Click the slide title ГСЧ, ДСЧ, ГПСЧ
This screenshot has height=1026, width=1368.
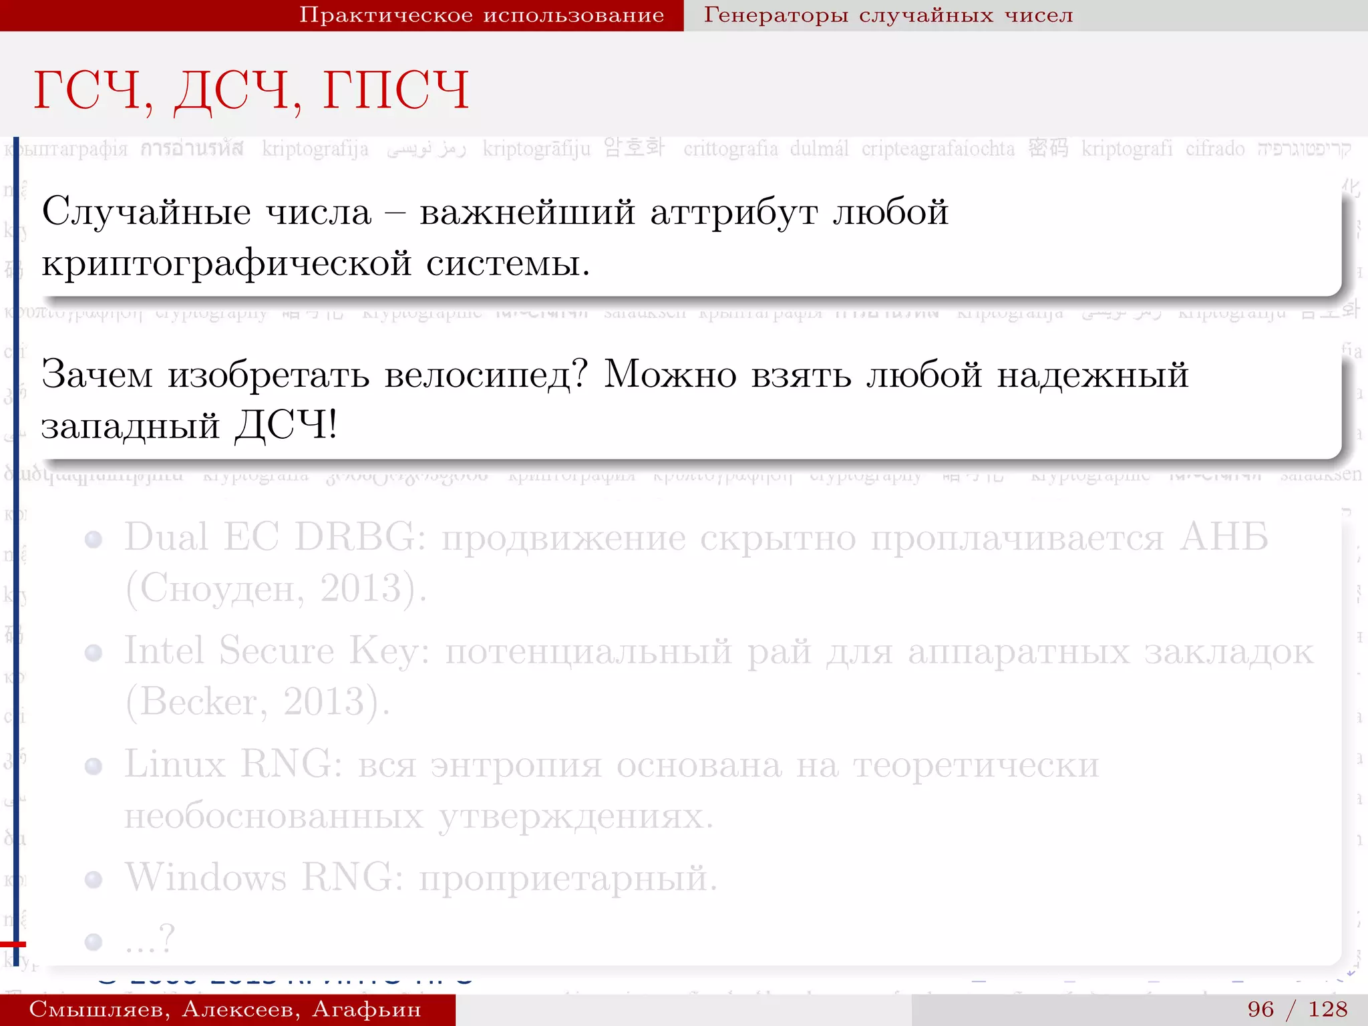pyautogui.click(x=251, y=90)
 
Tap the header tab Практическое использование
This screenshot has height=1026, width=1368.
pyautogui.click(x=481, y=15)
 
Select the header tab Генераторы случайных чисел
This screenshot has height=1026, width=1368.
pyautogui.click(x=888, y=15)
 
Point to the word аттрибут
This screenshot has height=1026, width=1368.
pyautogui.click(x=733, y=212)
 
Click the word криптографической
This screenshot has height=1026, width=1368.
pyautogui.click(x=226, y=263)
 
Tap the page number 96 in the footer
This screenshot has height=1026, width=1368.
pyautogui.click(x=1260, y=1009)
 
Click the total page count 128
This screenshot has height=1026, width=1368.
pyautogui.click(x=1328, y=1009)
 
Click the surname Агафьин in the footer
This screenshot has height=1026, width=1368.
pyautogui.click(x=367, y=1009)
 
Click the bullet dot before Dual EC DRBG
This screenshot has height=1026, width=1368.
pyautogui.click(x=94, y=540)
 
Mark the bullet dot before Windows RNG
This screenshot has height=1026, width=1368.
pyautogui.click(x=94, y=880)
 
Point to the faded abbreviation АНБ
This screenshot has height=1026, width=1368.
pyautogui.click(x=1224, y=537)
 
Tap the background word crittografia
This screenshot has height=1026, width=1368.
pyautogui.click(x=730, y=148)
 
